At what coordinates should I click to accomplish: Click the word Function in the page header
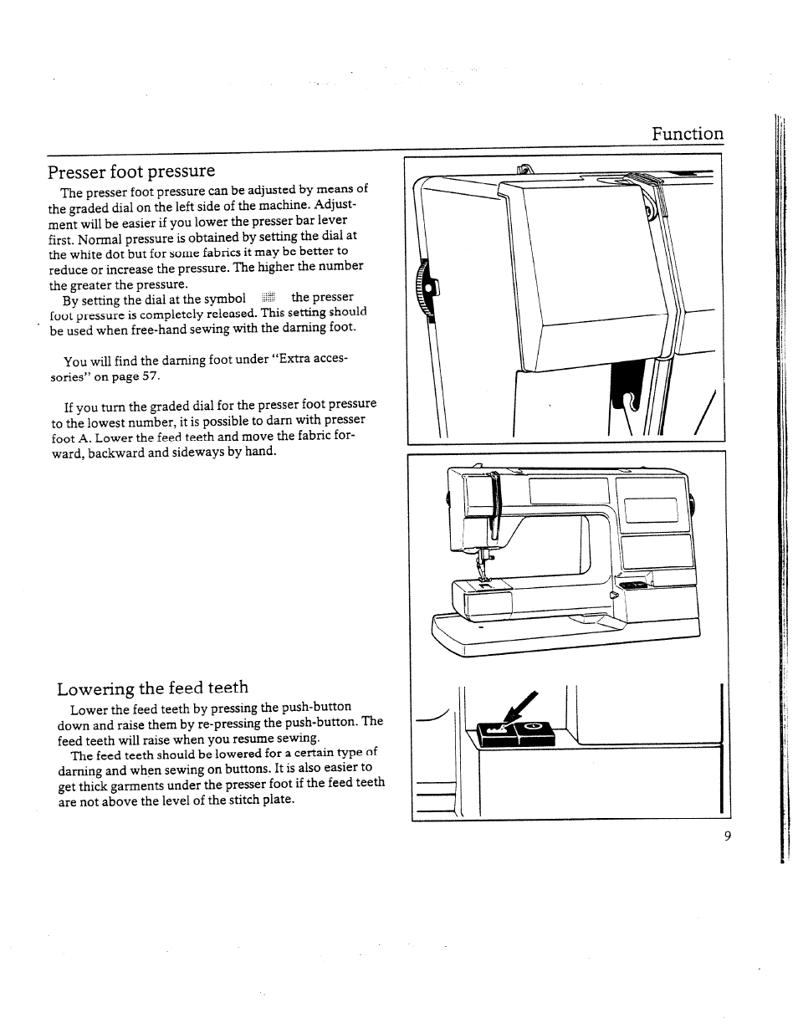(x=688, y=134)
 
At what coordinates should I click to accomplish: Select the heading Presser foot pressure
(x=131, y=171)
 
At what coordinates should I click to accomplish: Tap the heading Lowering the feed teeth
(x=152, y=688)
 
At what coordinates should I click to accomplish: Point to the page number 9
(x=728, y=837)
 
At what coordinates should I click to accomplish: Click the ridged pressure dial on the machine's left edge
(x=424, y=289)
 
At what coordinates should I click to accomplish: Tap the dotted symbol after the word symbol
(x=268, y=299)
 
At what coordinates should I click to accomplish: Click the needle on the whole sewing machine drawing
(x=483, y=562)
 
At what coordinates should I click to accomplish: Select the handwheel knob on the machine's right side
(x=693, y=504)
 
